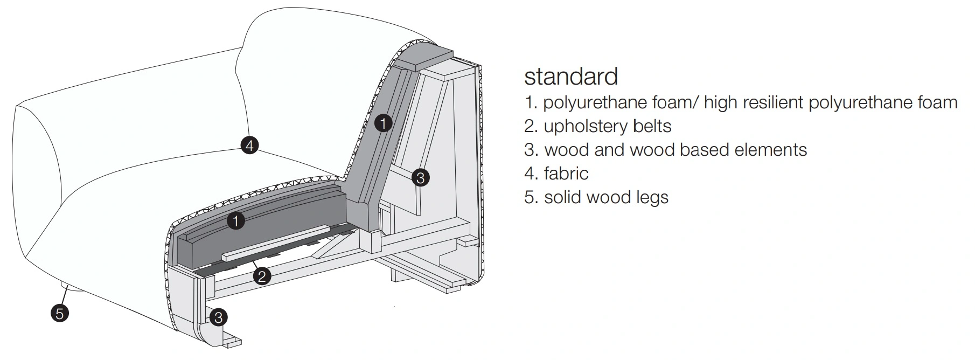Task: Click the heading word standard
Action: [x=570, y=77]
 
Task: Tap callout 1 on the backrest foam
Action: [x=382, y=123]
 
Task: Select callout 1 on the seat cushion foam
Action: [x=236, y=220]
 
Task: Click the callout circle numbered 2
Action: [x=262, y=276]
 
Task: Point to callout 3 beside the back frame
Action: [x=420, y=177]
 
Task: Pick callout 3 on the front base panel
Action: [x=218, y=317]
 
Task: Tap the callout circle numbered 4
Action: [x=249, y=145]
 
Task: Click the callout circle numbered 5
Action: [x=60, y=313]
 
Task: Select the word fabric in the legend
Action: [x=566, y=174]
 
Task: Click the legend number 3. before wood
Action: [x=531, y=150]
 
